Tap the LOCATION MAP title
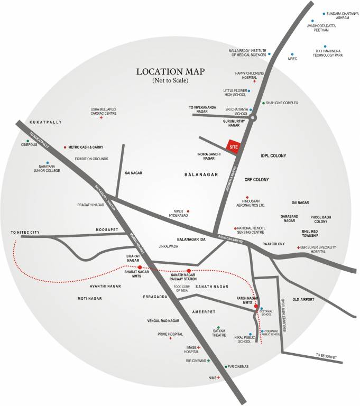click(170, 71)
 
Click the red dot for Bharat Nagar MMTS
click(140, 267)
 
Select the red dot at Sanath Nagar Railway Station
click(189, 270)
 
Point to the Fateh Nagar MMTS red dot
click(256, 306)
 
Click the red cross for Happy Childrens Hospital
click(254, 81)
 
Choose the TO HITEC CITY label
click(25, 233)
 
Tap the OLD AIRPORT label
click(303, 300)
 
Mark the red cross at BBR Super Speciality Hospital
click(298, 247)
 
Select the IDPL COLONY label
click(273, 156)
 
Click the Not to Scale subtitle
click(170, 81)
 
